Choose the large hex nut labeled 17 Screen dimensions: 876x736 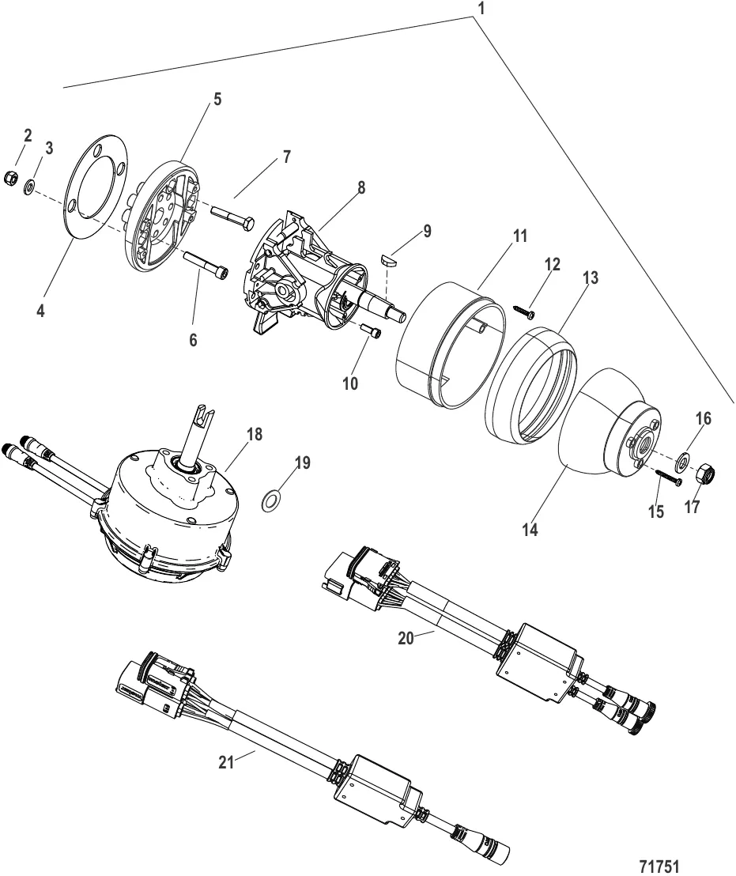coord(705,475)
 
